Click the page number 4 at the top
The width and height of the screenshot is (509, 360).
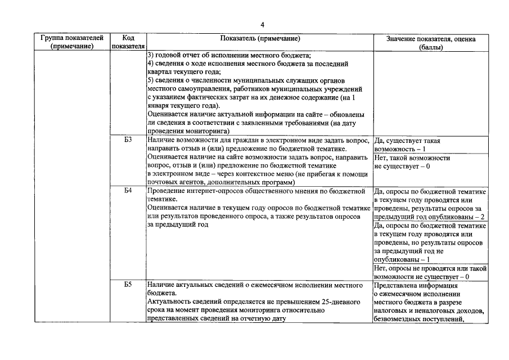262,25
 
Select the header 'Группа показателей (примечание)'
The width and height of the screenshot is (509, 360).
71,43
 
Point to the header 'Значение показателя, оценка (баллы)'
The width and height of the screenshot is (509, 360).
431,43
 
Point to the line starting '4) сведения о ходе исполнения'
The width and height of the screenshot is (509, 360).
247,64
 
